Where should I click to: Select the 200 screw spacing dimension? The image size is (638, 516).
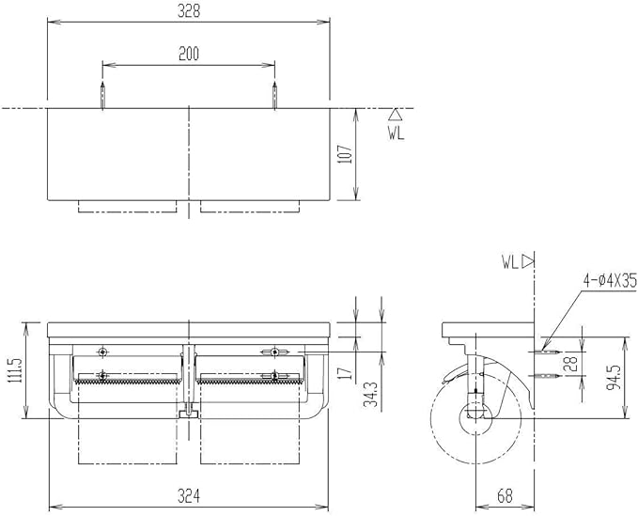point(189,54)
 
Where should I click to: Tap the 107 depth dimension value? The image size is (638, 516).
point(346,153)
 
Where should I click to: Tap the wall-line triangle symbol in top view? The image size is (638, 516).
point(396,116)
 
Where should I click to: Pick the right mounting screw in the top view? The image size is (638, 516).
point(274,95)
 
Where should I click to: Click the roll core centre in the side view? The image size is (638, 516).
point(473,411)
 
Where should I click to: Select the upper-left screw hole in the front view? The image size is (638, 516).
point(102,352)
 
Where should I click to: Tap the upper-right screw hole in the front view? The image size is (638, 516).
point(274,352)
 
